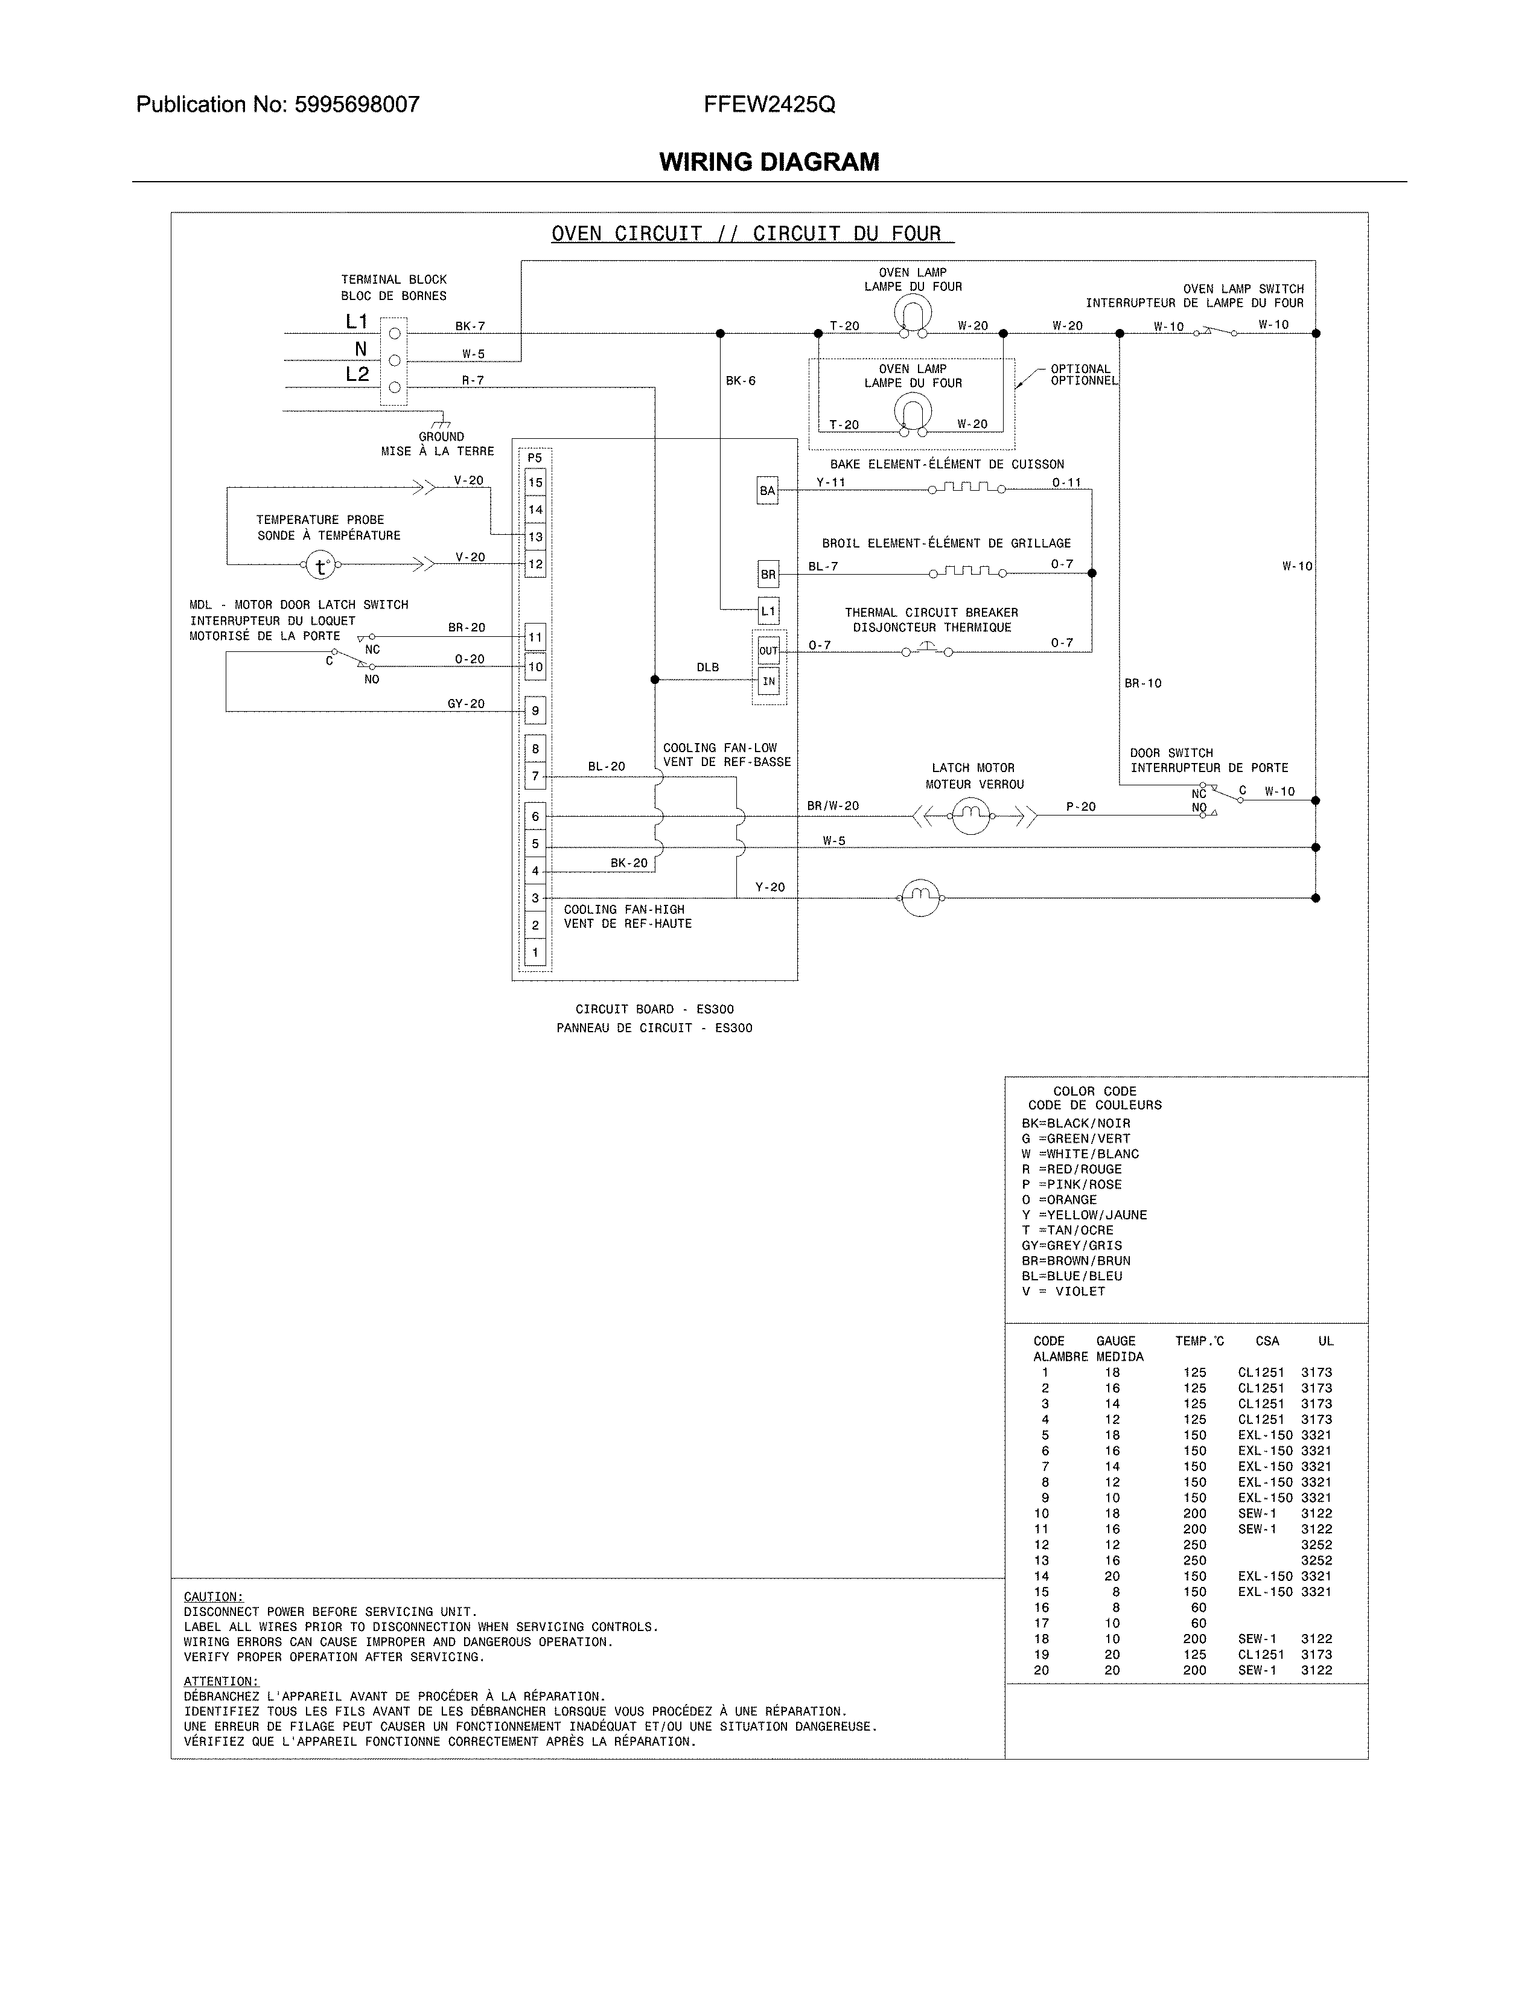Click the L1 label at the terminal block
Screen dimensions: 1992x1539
pos(357,321)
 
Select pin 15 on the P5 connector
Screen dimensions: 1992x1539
pos(535,482)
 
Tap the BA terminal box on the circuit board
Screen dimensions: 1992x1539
pos(768,491)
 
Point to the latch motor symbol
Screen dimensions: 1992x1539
pos(971,814)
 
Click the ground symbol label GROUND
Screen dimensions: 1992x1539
pos(441,437)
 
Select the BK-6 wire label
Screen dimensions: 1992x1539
pos(741,380)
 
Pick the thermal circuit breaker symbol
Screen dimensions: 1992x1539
pos(926,650)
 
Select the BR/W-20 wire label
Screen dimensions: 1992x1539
pos(832,805)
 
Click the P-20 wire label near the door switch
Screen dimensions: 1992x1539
pos(1080,806)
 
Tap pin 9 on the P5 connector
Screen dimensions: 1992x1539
pos(535,710)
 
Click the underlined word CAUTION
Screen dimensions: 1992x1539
pos(213,1596)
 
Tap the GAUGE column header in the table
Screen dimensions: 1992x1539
pos(1115,1341)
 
